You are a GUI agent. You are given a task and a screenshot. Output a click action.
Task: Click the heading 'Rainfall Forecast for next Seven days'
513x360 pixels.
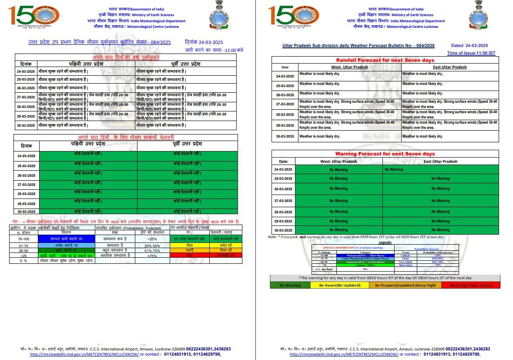385,60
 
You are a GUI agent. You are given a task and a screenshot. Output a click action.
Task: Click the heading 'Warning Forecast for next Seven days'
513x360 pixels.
385,154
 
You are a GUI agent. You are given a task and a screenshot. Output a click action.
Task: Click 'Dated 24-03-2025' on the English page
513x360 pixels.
469,46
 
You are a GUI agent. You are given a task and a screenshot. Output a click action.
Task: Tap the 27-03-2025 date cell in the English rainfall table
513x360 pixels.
285,104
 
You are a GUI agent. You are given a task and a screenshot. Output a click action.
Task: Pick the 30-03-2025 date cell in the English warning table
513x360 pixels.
283,230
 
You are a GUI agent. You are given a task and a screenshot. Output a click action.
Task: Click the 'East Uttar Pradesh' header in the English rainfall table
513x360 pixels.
450,67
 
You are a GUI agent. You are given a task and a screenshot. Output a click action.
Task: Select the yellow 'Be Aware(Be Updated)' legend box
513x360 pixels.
339,285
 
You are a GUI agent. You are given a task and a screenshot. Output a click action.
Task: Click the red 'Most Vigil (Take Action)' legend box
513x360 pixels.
470,285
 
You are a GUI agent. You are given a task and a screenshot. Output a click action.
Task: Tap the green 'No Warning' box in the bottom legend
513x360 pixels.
290,285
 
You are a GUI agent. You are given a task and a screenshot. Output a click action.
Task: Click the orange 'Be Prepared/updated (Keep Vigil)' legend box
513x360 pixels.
404,285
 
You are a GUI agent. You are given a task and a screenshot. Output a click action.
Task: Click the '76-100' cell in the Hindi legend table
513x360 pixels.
23,239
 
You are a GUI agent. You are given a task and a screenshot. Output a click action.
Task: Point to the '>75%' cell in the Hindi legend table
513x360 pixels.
152,256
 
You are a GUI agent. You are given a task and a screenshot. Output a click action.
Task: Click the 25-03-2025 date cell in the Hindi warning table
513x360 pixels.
26,166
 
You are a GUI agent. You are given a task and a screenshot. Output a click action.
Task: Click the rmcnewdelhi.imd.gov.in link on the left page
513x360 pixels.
84,354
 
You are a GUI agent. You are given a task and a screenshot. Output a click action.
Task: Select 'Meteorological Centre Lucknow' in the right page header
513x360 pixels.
412,27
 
